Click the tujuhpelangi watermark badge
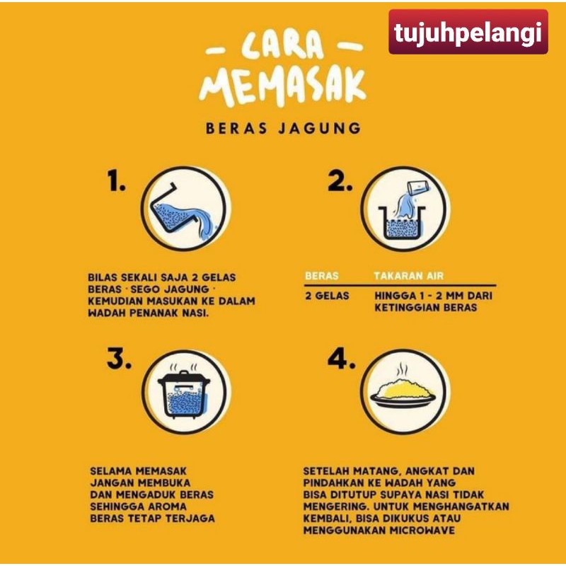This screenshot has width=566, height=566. coord(468,32)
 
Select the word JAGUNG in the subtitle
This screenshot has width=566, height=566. coord(320,128)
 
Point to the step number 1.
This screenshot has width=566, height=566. coord(116,180)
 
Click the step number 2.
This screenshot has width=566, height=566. coord(340,180)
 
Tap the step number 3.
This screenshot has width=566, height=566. coord(119,359)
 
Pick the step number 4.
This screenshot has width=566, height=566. coord(341,359)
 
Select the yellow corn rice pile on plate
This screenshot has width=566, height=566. coord(403,389)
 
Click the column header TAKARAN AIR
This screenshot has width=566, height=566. coord(409,276)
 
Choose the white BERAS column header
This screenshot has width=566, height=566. coord(322,276)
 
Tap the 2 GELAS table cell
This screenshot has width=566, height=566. coord(327,296)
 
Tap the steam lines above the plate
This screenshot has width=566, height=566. coord(402,370)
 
